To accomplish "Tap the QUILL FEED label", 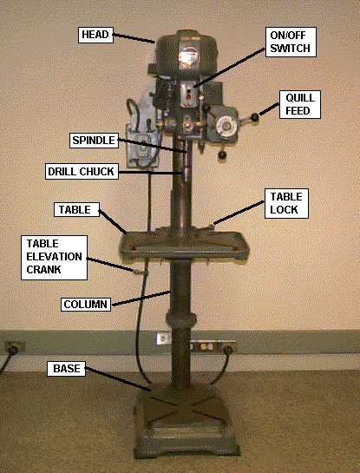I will click(299, 104).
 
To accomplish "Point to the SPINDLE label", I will click(90, 139).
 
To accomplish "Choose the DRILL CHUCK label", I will click(81, 172).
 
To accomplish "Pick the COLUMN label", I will click(86, 305).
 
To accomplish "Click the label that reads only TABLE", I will click(73, 210).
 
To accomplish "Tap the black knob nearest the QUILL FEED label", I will click(255, 115).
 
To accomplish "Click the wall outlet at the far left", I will click(11, 347).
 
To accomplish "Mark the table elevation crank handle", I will click(139, 271).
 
